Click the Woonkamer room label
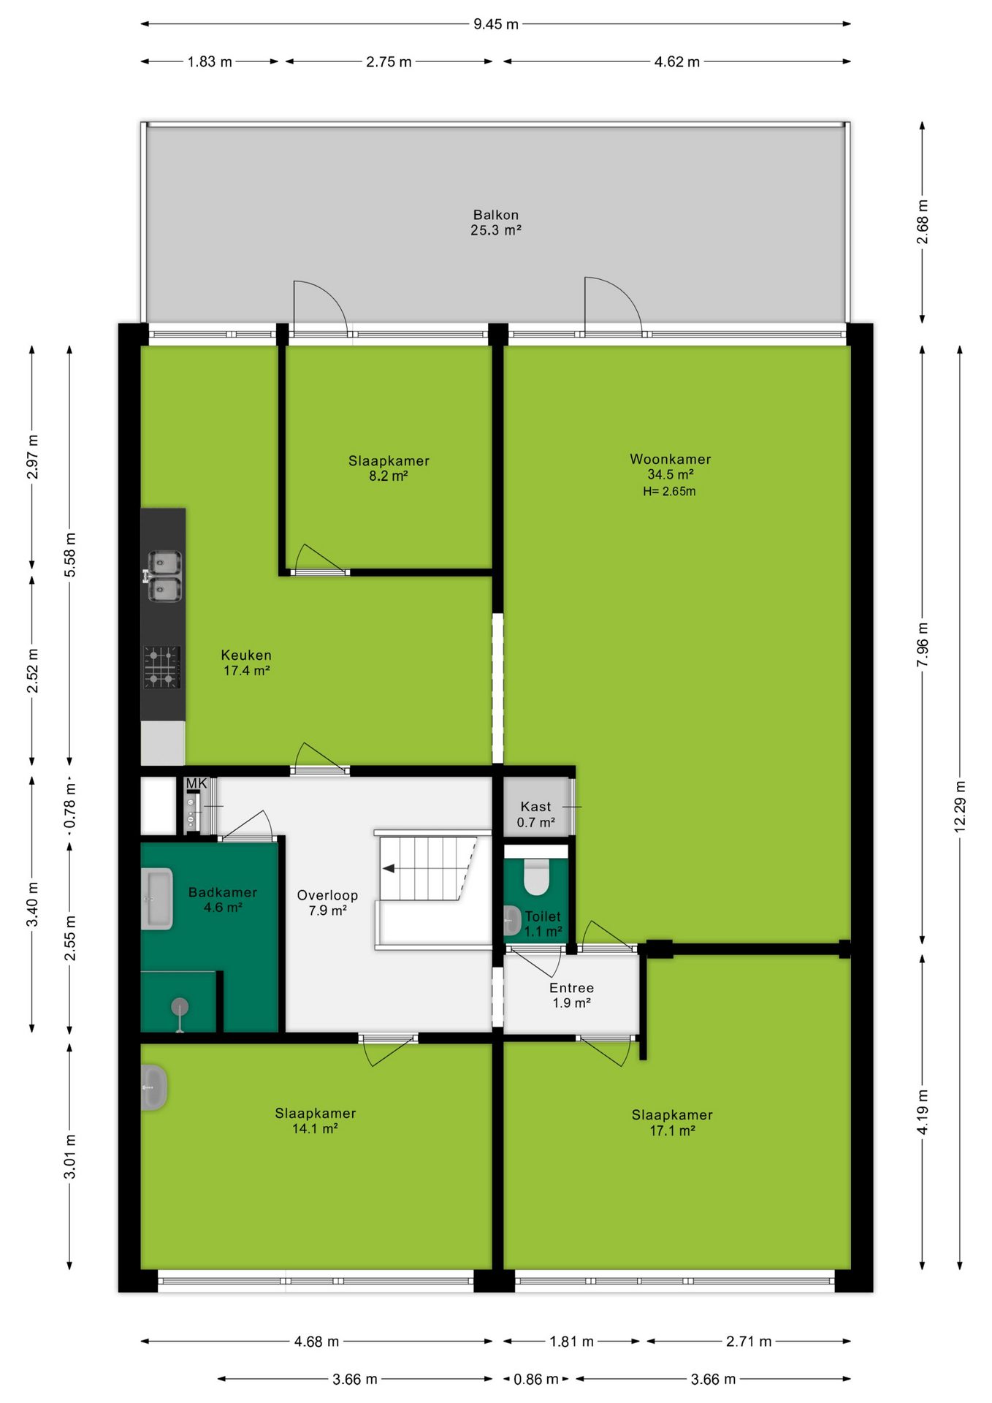click(670, 459)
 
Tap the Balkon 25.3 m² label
click(496, 222)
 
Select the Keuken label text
click(246, 655)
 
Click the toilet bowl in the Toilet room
click(536, 877)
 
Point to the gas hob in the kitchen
click(161, 667)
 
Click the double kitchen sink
click(164, 577)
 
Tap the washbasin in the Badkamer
click(156, 898)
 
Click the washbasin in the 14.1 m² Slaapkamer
click(153, 1087)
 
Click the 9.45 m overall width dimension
click(496, 24)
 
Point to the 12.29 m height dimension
click(960, 807)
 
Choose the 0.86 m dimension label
click(535, 1379)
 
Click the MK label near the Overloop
click(197, 783)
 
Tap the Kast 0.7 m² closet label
click(536, 814)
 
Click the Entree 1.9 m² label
click(571, 995)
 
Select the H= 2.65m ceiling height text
click(669, 491)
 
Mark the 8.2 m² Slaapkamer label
click(389, 468)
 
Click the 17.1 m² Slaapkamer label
click(672, 1122)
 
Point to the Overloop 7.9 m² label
click(327, 902)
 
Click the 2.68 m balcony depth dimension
click(922, 222)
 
